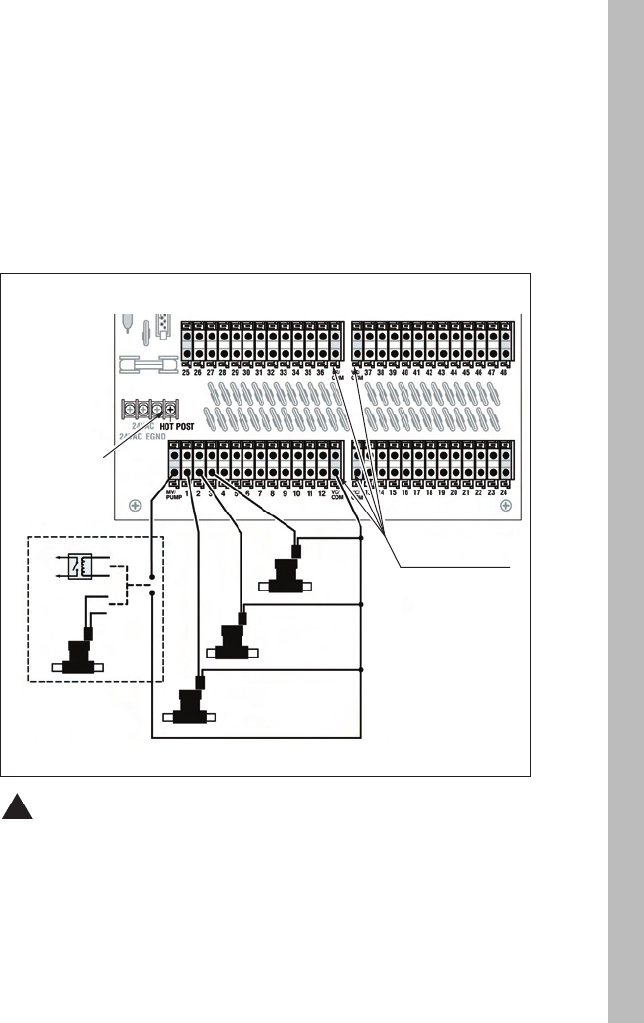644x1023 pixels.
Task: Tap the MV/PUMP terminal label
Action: coord(171,494)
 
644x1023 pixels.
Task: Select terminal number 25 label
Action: coord(186,372)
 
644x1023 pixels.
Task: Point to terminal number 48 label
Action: coord(505,372)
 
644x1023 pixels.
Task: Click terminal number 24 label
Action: coord(505,493)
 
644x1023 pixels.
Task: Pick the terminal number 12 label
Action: coord(322,493)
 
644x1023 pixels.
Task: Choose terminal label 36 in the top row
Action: coord(321,372)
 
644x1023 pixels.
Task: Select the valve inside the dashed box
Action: coord(76,657)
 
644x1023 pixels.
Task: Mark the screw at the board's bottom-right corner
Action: coord(506,506)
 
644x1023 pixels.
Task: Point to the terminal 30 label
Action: coord(247,372)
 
